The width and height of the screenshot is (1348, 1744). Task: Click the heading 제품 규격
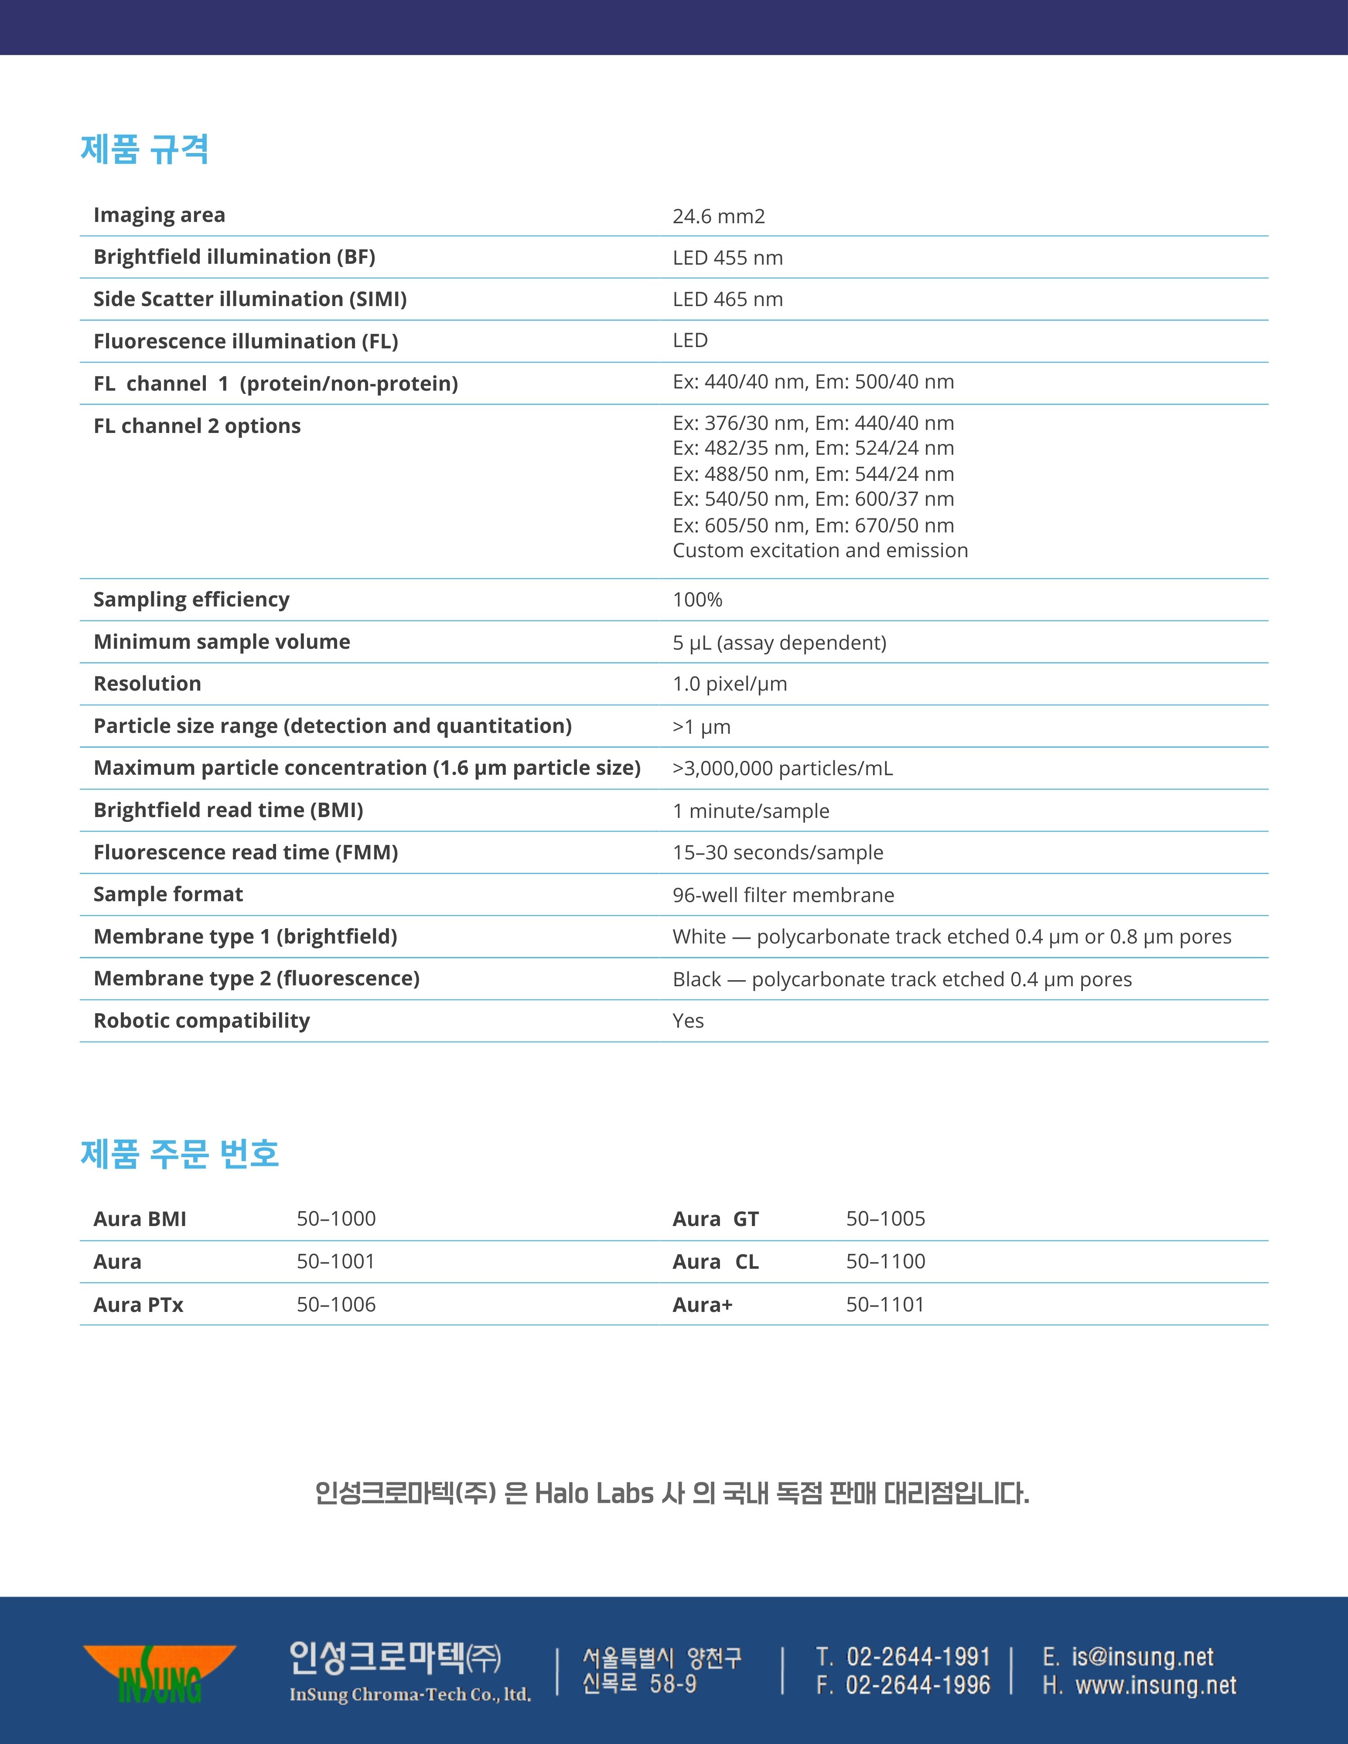click(x=144, y=149)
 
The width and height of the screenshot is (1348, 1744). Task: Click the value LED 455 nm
click(x=727, y=258)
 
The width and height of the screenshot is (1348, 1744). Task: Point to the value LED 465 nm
click(x=727, y=300)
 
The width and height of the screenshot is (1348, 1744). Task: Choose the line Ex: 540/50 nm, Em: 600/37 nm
click(x=813, y=499)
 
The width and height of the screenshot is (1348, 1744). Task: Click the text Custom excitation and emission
click(x=820, y=550)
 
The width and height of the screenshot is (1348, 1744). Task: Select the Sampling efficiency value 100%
click(x=697, y=599)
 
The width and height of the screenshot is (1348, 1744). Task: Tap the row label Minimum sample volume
click(x=221, y=642)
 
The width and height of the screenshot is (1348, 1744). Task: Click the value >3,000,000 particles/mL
click(x=783, y=768)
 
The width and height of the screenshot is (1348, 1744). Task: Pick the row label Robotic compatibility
click(x=201, y=1021)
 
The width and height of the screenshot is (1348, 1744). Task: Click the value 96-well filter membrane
click(x=783, y=895)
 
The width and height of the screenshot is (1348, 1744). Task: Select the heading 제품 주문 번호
click(x=180, y=1154)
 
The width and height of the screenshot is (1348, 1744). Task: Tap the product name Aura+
click(x=702, y=1305)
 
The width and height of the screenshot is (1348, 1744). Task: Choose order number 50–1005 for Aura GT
click(x=885, y=1219)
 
